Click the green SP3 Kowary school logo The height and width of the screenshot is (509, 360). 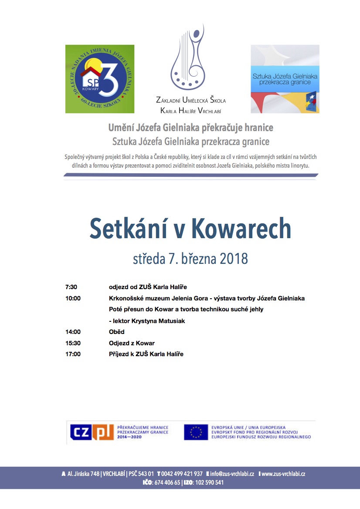pyautogui.click(x=100, y=79)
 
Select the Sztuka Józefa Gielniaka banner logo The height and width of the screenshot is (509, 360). pyautogui.click(x=285, y=79)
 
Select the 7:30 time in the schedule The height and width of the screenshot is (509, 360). pyautogui.click(x=71, y=287)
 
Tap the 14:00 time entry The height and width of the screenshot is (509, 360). pyautogui.click(x=73, y=332)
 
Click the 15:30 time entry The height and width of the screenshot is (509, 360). pyautogui.click(x=73, y=343)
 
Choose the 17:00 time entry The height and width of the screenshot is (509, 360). pyautogui.click(x=73, y=354)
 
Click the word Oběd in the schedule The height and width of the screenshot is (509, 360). pyautogui.click(x=117, y=332)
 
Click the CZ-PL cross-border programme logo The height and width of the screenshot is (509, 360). pyautogui.click(x=92, y=432)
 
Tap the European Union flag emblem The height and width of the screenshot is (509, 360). pyautogui.click(x=196, y=432)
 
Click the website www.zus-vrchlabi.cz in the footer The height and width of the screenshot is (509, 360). pyautogui.click(x=283, y=474)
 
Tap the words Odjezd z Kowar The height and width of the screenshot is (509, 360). pyautogui.click(x=132, y=343)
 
